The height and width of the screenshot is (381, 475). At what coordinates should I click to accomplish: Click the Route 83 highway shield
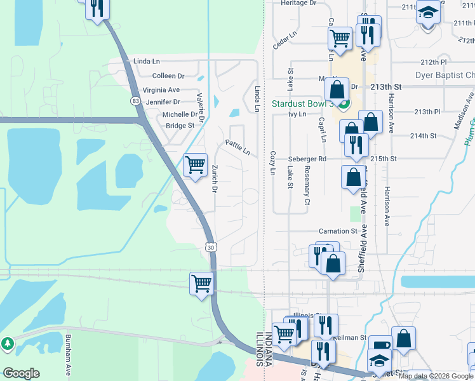pos(135,100)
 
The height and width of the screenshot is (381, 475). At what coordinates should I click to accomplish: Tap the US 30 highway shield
pos(210,246)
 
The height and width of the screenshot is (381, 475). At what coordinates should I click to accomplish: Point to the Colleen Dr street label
pos(168,76)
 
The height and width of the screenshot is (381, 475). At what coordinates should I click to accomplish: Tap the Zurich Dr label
pos(215,179)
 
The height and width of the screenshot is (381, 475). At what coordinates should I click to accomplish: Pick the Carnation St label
pos(339,232)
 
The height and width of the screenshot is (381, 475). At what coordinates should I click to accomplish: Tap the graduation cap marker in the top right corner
pos(429,12)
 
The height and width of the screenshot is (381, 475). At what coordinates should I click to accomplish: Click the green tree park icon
pos(7,344)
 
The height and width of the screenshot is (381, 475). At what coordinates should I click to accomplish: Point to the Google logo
pos(21,373)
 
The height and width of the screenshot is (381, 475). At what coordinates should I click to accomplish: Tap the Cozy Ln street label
pos(272,163)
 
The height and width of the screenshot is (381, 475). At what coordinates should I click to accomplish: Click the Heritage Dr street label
pos(298,3)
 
